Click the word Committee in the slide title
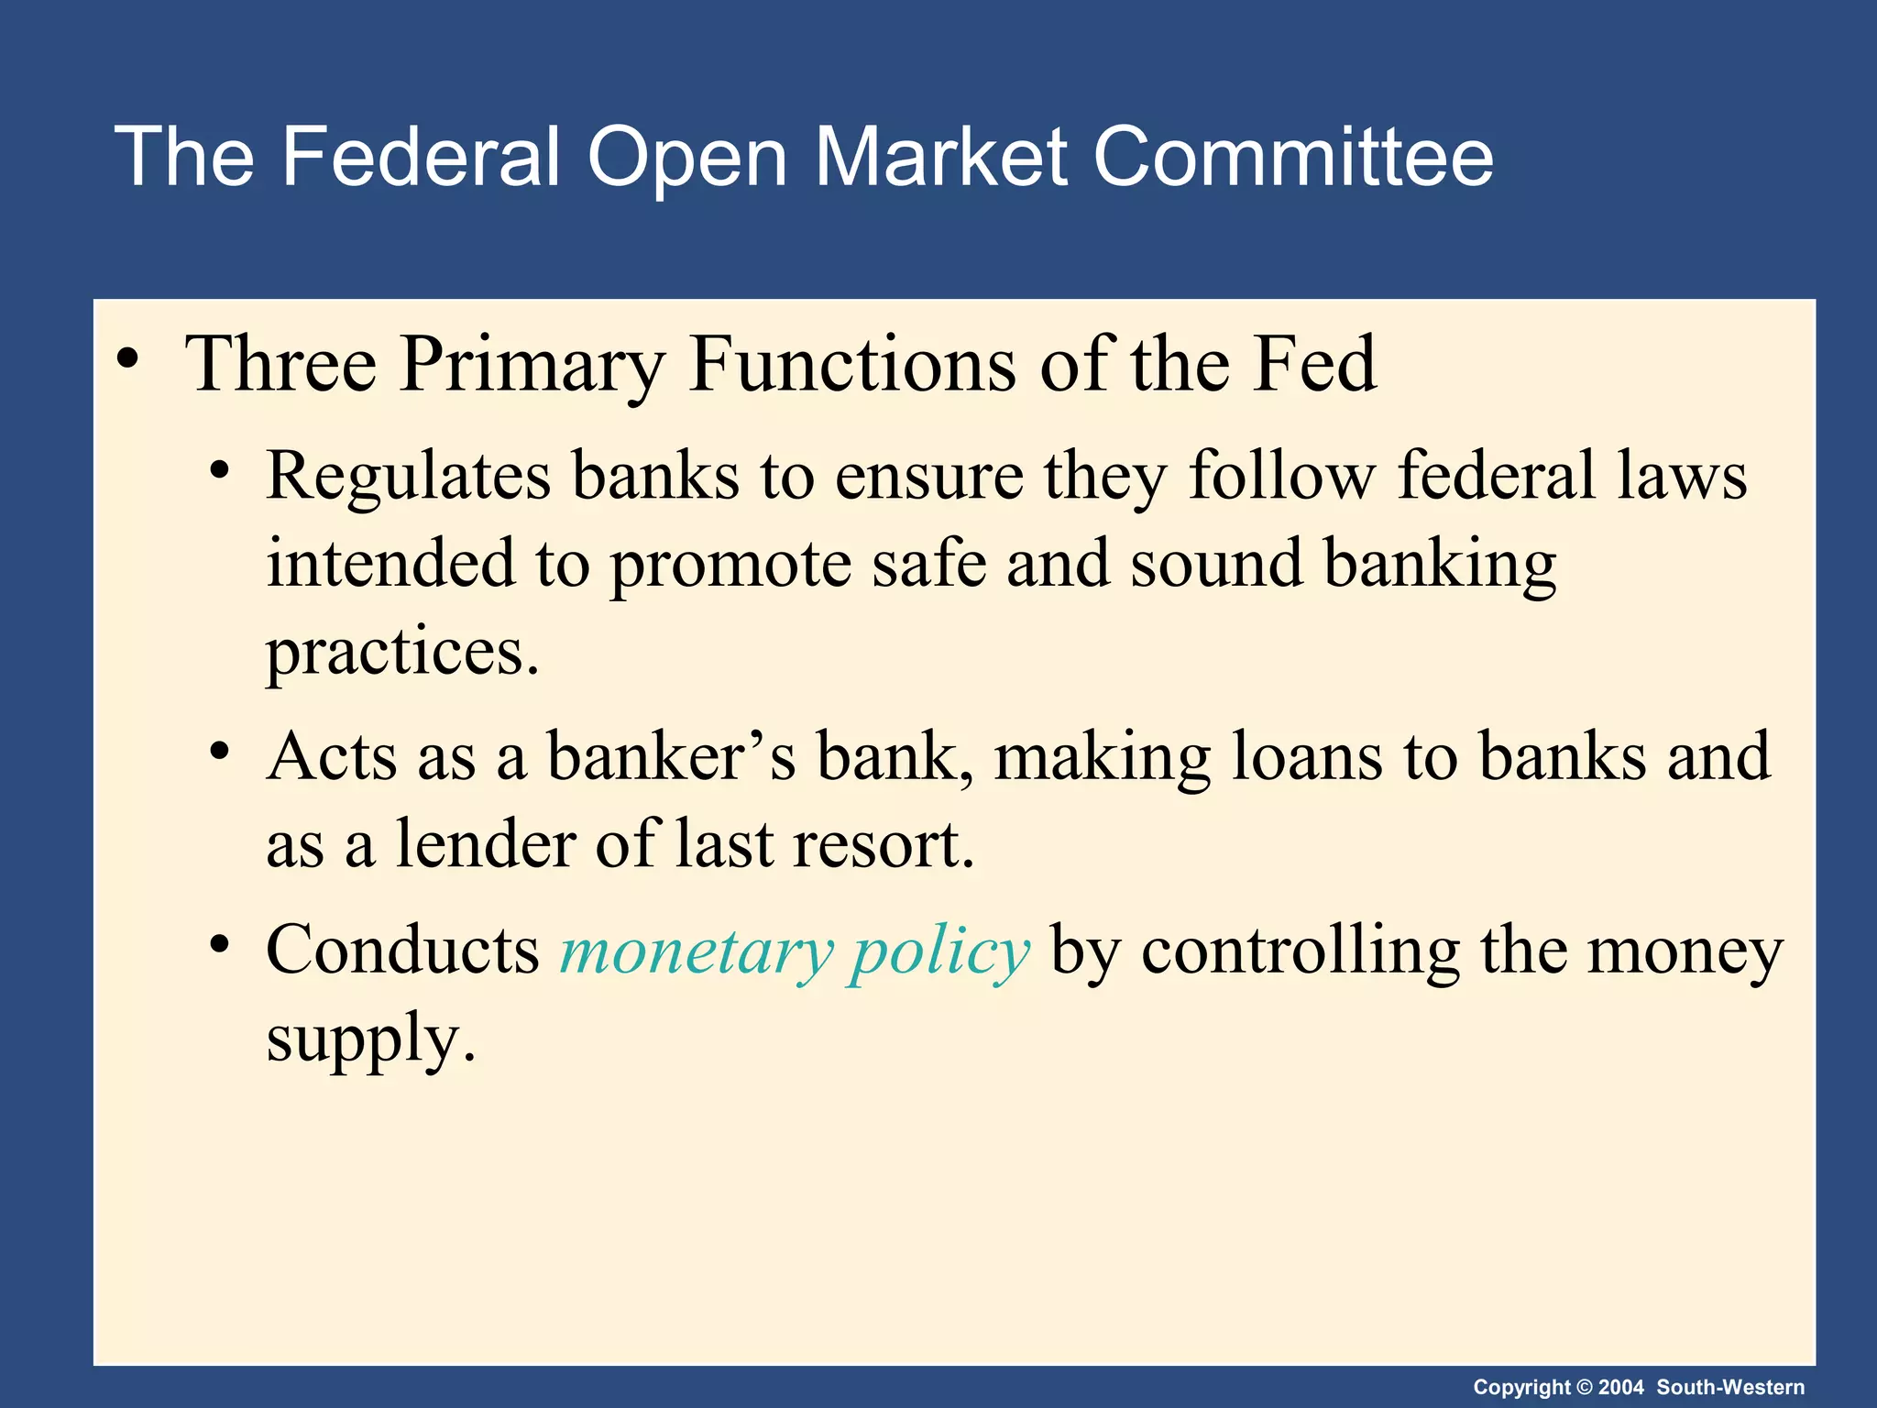[1293, 157]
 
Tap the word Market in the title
[941, 157]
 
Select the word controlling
[1301, 951]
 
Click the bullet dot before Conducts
[218, 944]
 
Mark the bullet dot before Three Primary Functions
[128, 357]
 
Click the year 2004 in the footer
[1621, 1387]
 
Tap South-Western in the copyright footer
[1730, 1387]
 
